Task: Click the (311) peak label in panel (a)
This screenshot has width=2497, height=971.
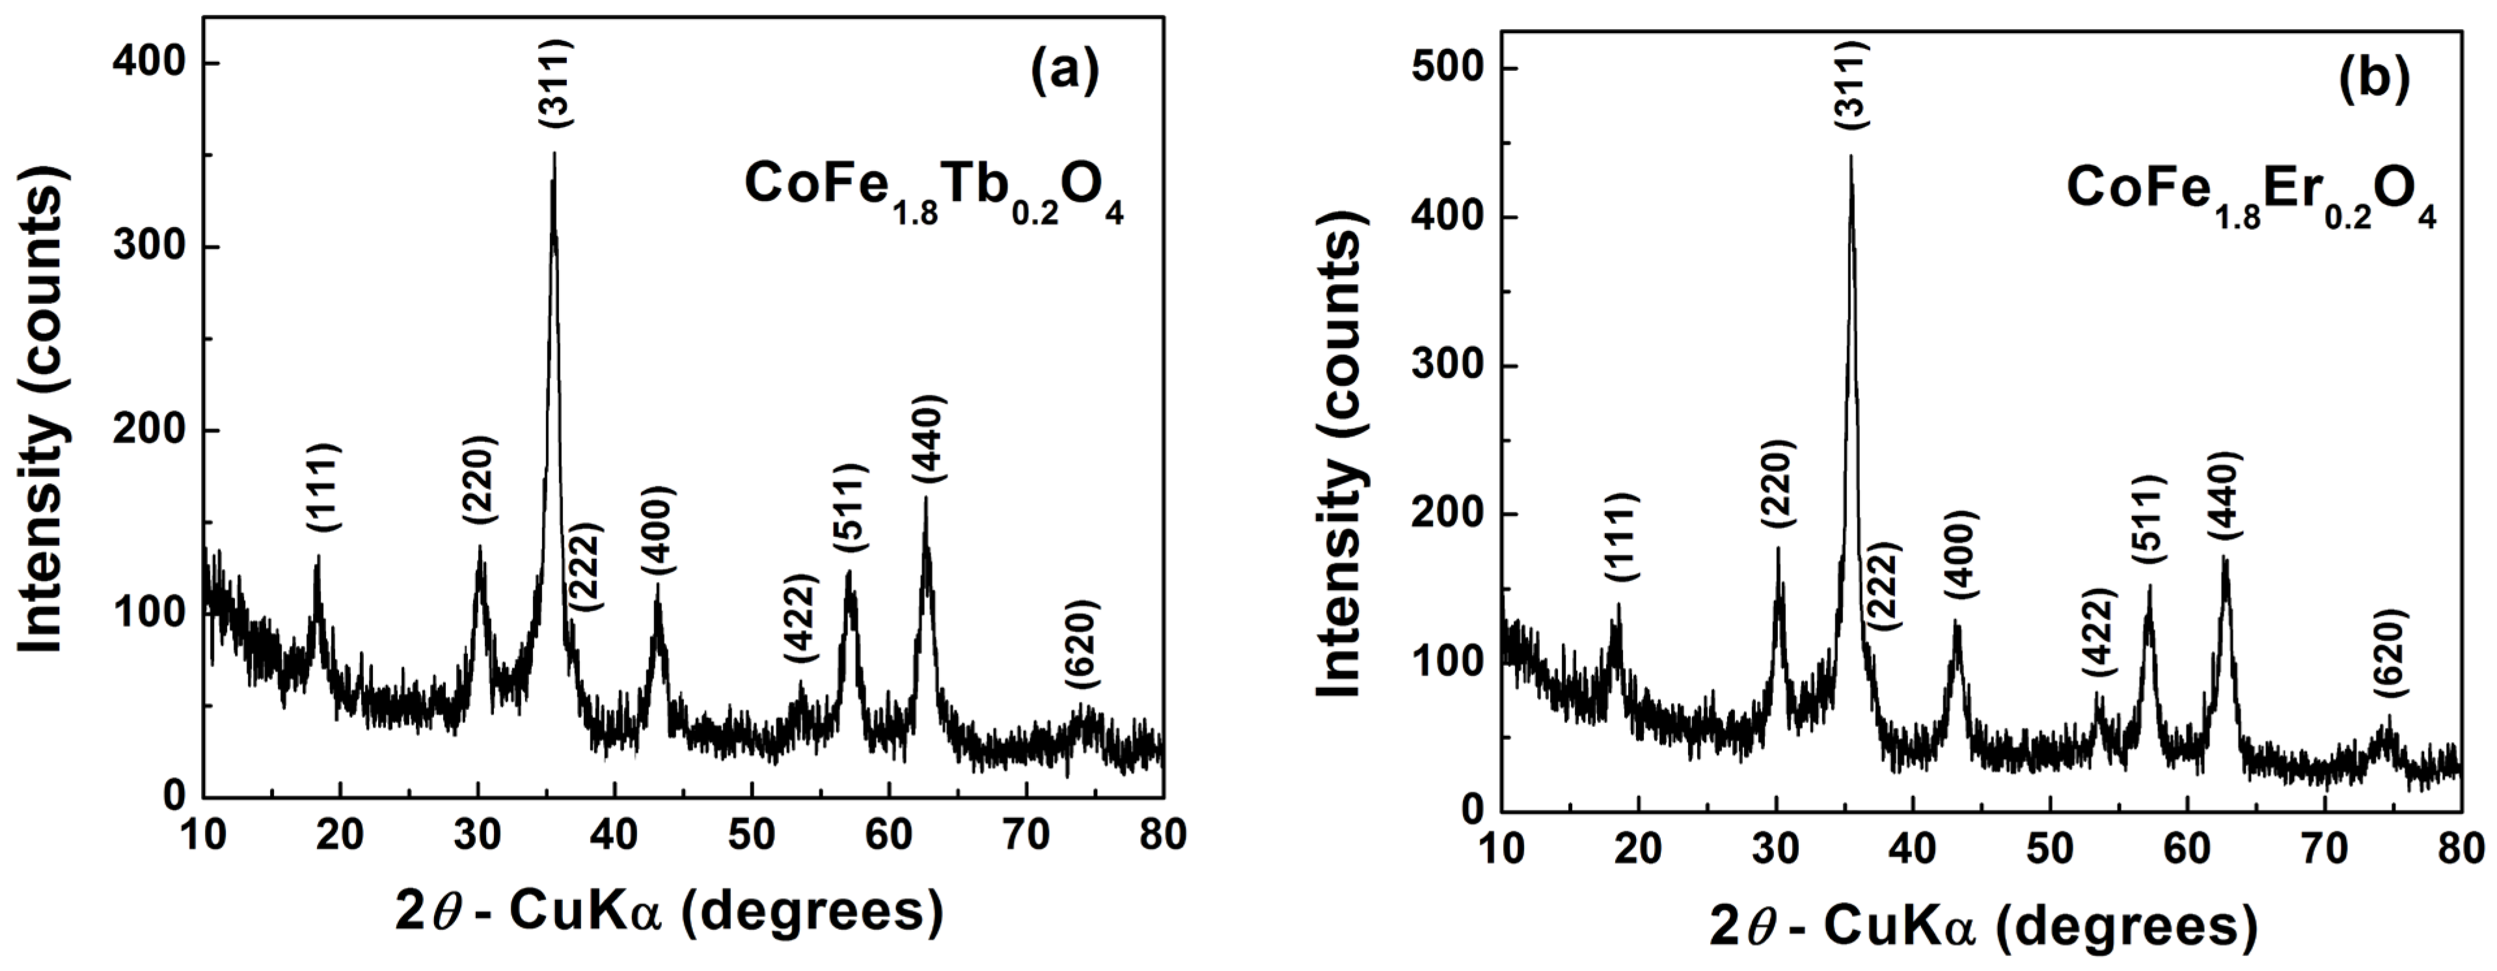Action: (x=557, y=83)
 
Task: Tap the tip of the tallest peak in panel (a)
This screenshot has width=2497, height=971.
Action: (x=554, y=153)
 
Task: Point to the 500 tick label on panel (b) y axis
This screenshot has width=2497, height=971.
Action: (x=1446, y=69)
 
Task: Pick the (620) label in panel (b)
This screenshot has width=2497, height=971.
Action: (x=2388, y=652)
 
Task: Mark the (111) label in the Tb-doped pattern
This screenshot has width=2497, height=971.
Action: (x=323, y=487)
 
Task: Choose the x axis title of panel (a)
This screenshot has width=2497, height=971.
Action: (x=669, y=912)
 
